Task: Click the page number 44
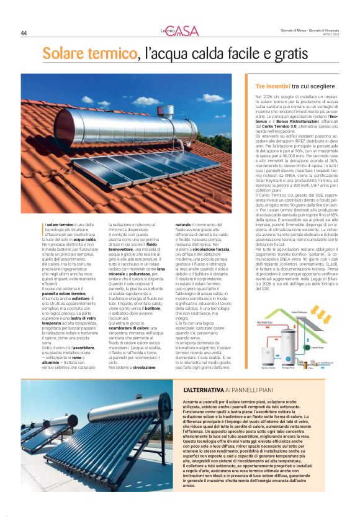pos(24,34)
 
